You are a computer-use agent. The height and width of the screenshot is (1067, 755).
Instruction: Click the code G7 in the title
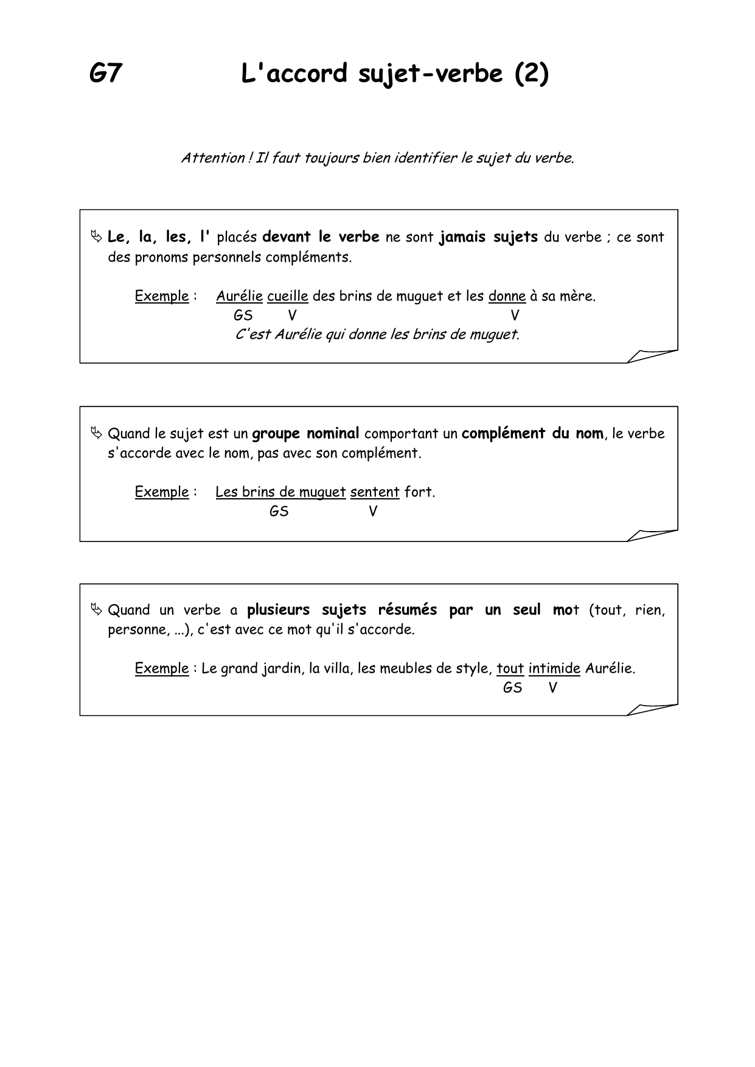[x=106, y=74]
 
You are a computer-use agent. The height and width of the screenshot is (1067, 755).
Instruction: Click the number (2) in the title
[x=532, y=74]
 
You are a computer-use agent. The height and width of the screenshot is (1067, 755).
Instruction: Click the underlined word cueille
[x=288, y=296]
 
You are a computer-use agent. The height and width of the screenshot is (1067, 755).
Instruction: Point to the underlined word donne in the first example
[x=507, y=296]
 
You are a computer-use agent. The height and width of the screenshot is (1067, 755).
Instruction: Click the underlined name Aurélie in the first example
[x=239, y=296]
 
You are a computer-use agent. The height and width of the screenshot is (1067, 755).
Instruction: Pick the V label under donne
[x=515, y=315]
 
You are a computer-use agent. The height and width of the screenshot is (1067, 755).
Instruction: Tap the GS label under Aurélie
[x=243, y=315]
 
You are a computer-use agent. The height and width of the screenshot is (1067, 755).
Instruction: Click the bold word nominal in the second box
[x=333, y=434]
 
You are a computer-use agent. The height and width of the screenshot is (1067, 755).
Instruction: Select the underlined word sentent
[x=375, y=492]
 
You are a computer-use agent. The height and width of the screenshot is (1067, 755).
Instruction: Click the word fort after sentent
[x=419, y=492]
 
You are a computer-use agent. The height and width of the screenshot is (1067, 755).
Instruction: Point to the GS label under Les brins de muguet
[x=279, y=512]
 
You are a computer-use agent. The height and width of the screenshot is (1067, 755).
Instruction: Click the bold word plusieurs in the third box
[x=278, y=610]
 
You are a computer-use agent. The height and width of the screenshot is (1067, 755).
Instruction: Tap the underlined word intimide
[x=554, y=669]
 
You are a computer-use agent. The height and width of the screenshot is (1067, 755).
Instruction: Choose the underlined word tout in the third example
[x=510, y=669]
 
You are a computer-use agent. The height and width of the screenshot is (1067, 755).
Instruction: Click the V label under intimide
[x=552, y=688]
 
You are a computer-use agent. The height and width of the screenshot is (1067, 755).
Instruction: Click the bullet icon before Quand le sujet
[x=96, y=433]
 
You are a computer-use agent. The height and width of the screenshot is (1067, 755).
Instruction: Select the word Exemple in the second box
[x=162, y=492]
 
